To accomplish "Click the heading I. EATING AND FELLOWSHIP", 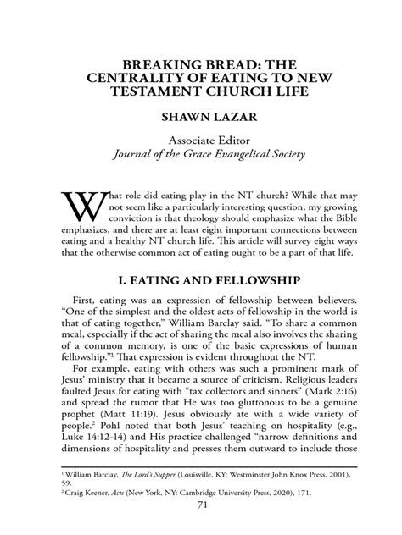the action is (x=201, y=279).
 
